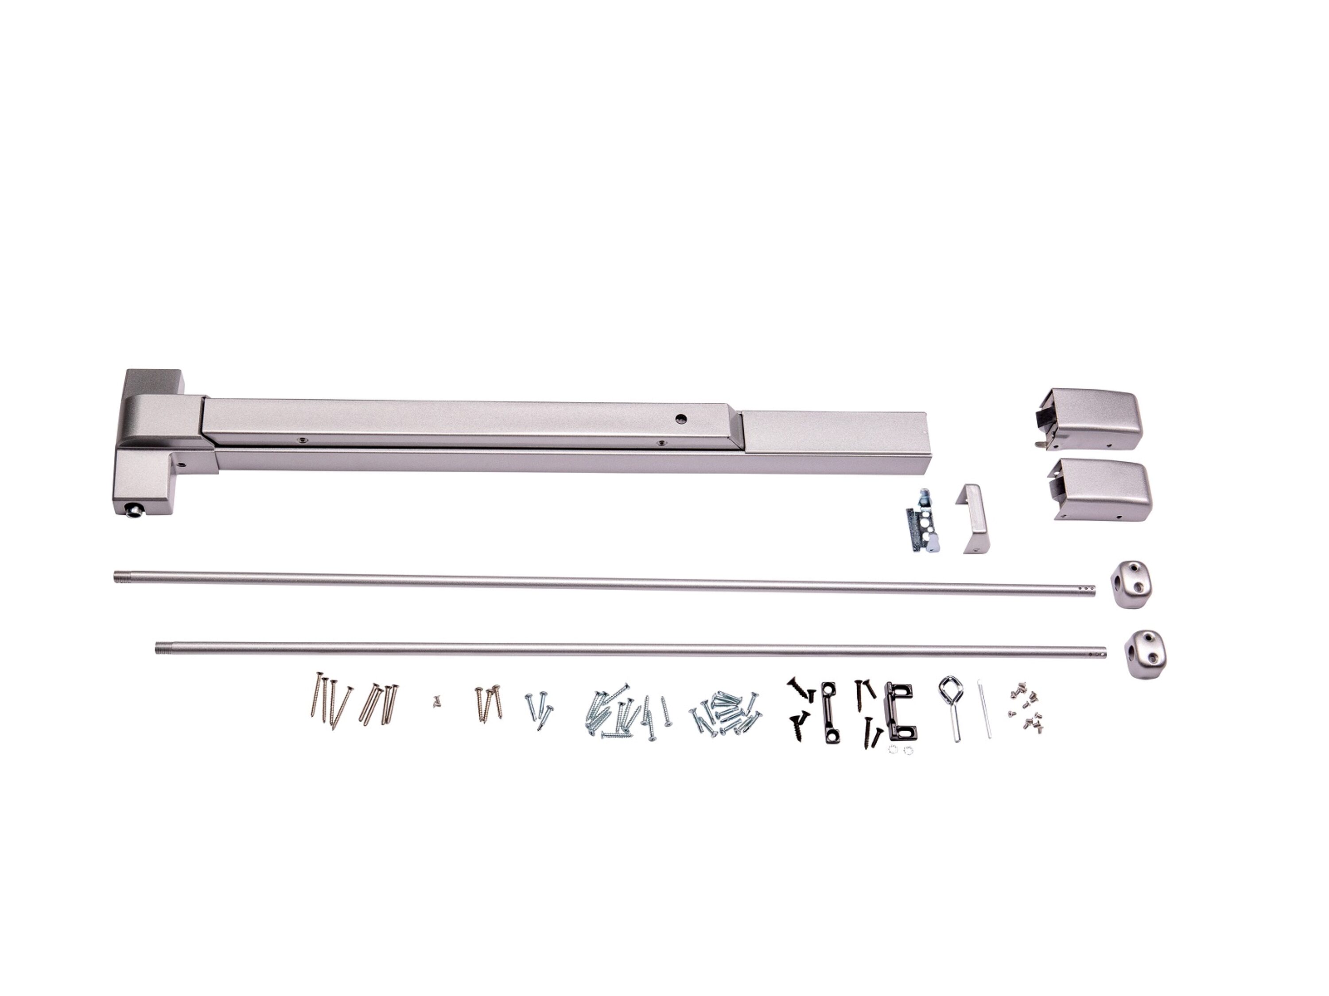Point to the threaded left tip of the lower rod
160,648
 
